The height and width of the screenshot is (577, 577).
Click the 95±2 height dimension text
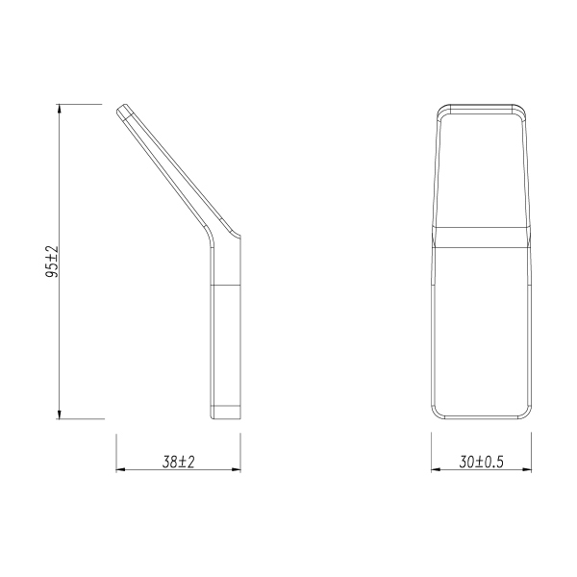53,262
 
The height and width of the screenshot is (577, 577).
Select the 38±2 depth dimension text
178,463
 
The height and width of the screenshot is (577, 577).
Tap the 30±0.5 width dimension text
481,463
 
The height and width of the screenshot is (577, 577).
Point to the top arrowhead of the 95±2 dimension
60,109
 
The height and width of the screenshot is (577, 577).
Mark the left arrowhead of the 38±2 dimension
121,470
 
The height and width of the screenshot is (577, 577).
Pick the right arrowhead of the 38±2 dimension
236,470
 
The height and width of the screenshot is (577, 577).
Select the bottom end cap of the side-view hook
226,413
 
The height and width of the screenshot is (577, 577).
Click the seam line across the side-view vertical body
226,286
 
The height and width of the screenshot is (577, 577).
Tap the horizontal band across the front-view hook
479,236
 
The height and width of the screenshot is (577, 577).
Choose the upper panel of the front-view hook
479,168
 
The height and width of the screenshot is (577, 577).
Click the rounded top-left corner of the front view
438,109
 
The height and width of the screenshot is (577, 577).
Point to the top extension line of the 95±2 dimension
82,103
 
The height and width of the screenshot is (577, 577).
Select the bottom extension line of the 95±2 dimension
82,419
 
